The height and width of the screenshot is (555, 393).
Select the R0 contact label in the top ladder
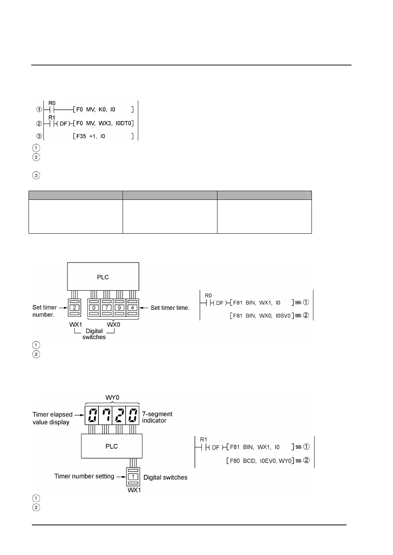52,103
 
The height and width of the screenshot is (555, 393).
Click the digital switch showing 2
75,308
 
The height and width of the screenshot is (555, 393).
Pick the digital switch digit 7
107,308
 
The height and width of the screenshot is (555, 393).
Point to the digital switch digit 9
120,308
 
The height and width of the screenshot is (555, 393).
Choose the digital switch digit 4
132,308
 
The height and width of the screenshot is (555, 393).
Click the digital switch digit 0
94,308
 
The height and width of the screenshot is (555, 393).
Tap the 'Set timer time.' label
170,308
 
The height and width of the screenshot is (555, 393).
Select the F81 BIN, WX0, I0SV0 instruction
262,316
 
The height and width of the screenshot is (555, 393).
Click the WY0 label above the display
112,398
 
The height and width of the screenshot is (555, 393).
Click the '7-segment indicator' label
157,417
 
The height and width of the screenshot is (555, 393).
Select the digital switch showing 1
133,477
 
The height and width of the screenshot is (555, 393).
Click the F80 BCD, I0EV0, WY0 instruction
259,461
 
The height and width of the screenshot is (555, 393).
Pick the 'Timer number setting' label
84,476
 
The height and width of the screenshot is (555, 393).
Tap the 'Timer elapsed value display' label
52,418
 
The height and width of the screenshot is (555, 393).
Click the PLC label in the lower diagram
112,446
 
